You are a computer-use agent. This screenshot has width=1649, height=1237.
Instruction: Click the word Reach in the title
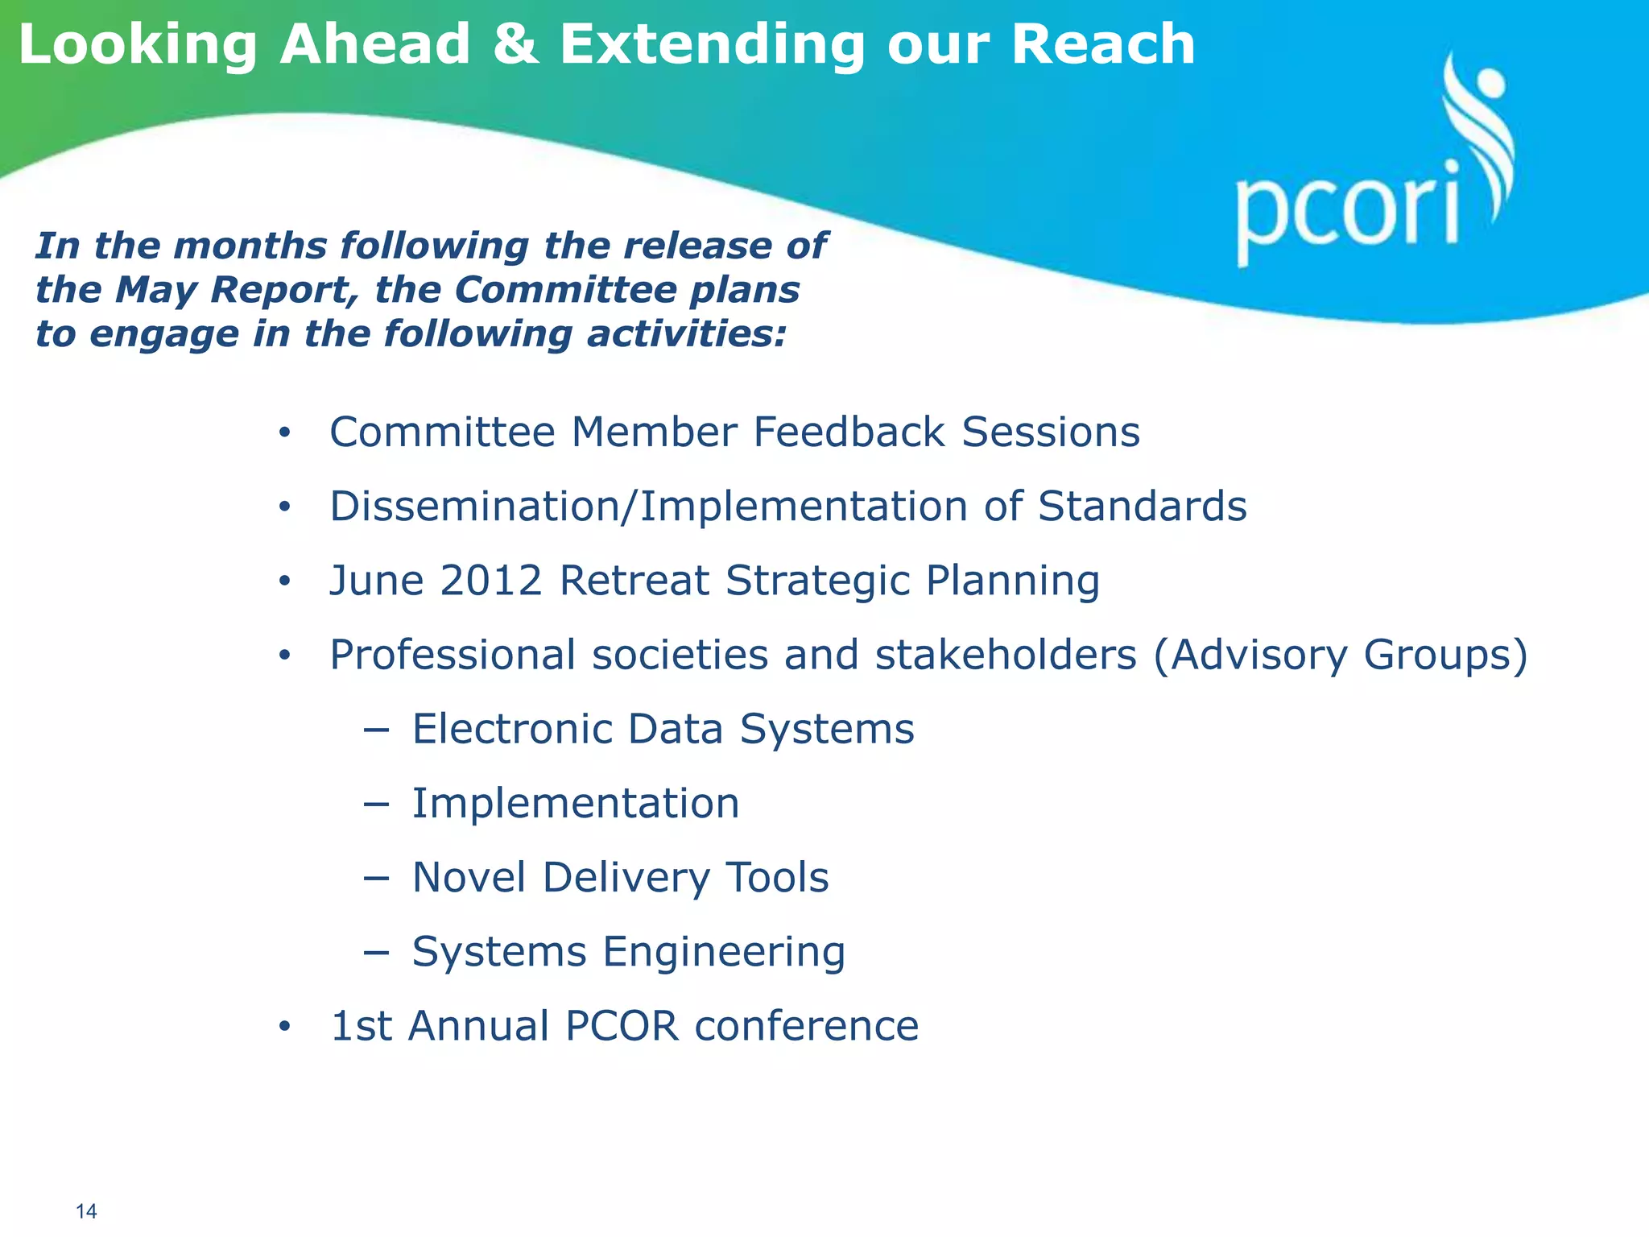point(1102,44)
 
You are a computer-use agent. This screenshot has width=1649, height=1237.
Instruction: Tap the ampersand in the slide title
point(515,44)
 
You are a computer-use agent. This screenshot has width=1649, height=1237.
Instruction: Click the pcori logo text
point(1346,211)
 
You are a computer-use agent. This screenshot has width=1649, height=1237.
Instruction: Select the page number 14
point(86,1211)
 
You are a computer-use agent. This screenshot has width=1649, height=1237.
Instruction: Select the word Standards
point(1142,506)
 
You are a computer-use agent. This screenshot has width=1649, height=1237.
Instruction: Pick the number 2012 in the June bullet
point(491,580)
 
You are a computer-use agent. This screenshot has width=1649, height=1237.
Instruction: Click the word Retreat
point(634,580)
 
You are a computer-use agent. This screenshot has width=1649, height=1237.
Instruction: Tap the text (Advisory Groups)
point(1340,654)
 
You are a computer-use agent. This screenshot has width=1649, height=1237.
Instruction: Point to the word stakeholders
point(1006,654)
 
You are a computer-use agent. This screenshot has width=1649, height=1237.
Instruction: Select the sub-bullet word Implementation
point(576,803)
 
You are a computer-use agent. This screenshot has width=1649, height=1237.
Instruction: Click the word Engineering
point(724,952)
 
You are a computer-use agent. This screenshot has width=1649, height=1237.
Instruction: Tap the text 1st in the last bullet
point(362,1026)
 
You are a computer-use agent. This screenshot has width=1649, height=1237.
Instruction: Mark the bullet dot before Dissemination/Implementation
point(283,507)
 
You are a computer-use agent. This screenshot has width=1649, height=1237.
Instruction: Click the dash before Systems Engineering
point(375,952)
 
